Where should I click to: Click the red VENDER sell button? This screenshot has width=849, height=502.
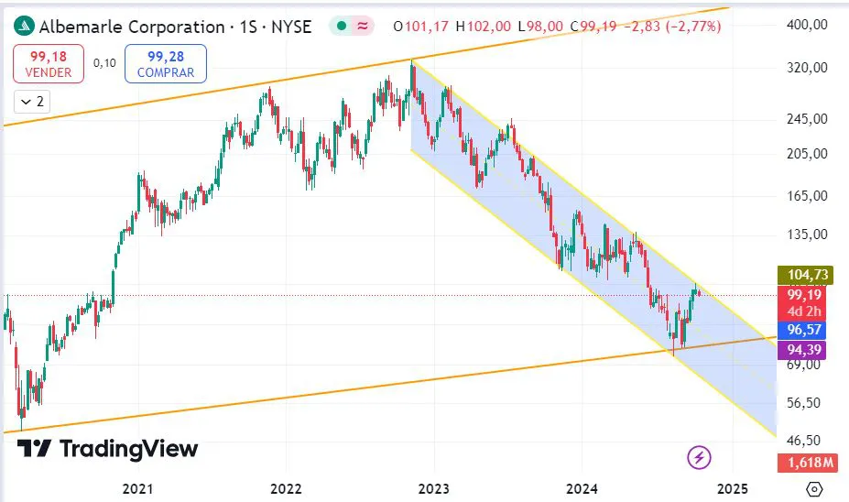49,63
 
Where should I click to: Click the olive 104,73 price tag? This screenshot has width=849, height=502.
802,275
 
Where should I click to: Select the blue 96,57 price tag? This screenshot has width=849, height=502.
802,329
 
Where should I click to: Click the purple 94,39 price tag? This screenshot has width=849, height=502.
802,348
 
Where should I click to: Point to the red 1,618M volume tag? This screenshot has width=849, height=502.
802,464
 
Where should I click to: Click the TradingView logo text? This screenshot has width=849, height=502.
108,449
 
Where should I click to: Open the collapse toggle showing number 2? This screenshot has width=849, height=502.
34,102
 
